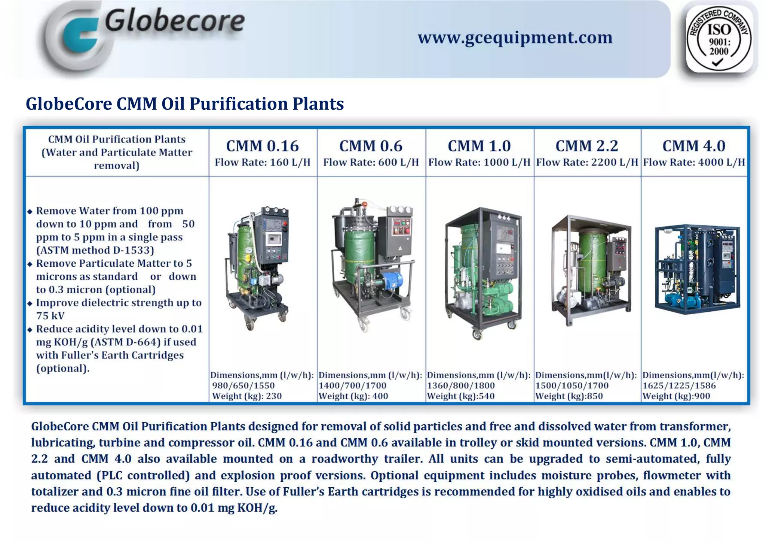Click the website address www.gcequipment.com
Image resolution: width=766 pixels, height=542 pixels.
coord(515,38)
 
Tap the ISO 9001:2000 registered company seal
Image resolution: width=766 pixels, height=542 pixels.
coord(719,39)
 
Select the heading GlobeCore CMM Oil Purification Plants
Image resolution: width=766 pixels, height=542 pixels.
coord(185,104)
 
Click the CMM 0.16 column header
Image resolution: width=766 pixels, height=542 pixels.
coord(263,146)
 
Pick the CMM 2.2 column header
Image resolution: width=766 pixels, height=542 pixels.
coord(586,146)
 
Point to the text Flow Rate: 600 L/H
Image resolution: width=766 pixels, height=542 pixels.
coord(371,163)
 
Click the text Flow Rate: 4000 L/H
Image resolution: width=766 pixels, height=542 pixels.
coord(694,163)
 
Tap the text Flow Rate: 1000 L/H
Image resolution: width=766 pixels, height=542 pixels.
coord(479,163)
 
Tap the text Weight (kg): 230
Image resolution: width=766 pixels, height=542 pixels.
coord(247,396)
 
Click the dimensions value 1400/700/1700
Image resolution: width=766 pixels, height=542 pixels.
coord(352,386)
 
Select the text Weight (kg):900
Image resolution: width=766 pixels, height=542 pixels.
coord(676,396)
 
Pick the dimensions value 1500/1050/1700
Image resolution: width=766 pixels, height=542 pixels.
coord(572,386)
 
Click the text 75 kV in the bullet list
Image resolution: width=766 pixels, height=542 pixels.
coord(50,316)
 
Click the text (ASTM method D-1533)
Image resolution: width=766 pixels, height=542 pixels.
coord(95,250)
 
